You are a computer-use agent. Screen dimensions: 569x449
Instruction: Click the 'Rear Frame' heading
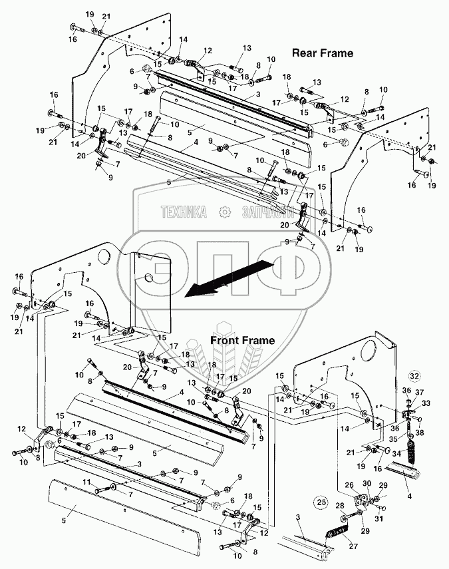click(x=323, y=52)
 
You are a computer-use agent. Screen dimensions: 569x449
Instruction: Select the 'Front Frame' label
click(x=243, y=340)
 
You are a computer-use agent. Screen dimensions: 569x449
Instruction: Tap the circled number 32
click(x=415, y=375)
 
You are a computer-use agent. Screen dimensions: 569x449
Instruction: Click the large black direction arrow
click(x=220, y=279)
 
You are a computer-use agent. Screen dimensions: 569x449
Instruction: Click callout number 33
click(x=426, y=403)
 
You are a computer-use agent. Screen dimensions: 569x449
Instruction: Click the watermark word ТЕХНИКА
click(x=183, y=212)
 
